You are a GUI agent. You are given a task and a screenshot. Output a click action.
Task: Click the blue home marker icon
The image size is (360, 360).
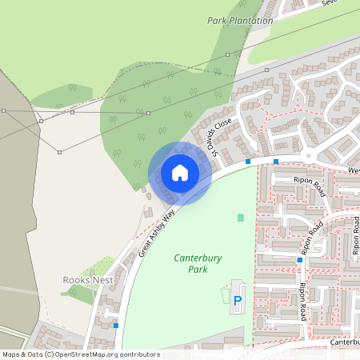coord(180,173)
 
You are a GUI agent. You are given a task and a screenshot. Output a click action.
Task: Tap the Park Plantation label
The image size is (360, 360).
coord(240,20)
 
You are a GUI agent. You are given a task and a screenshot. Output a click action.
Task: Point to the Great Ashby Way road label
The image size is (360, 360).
coord(157,234)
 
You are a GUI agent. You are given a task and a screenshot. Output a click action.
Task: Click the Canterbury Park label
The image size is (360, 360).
coord(198,264)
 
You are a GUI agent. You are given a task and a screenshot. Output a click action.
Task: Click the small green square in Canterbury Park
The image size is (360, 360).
coord(240,218)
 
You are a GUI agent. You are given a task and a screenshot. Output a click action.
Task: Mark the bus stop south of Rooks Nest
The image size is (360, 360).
coord(117,326)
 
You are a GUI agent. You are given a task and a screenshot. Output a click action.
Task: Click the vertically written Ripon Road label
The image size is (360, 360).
coord(302,302)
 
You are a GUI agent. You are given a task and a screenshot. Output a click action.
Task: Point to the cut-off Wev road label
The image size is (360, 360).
coord(353,170)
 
